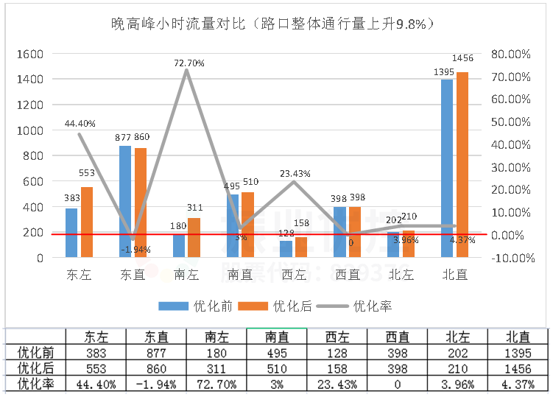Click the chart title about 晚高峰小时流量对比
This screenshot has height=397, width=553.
click(272, 24)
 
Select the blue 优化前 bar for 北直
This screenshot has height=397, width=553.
click(447, 169)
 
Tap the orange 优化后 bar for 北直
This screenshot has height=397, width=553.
click(462, 165)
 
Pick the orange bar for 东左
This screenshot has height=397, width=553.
click(86, 222)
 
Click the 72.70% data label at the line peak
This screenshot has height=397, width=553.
click(189, 63)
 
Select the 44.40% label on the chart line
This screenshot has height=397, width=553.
click(80, 124)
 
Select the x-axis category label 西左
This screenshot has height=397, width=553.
click(294, 274)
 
